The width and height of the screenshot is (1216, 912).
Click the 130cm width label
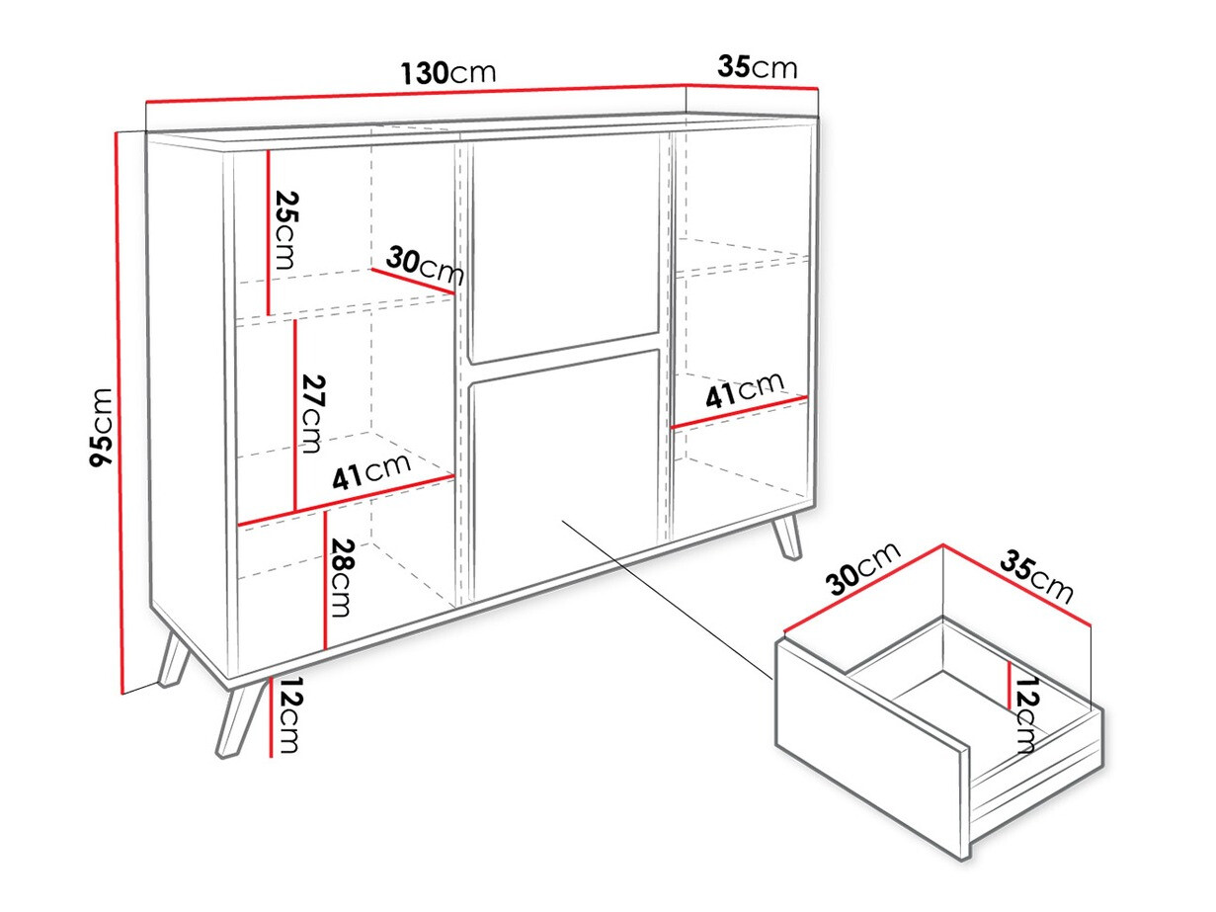447,72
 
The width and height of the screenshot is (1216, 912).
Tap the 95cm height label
102,427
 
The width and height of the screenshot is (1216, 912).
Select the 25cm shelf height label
286,230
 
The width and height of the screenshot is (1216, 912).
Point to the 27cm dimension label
312,414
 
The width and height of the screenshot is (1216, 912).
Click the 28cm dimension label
340,577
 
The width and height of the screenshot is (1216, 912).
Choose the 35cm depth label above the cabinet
758,67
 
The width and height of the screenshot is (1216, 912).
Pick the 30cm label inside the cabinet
425,266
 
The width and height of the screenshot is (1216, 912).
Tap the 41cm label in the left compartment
371,471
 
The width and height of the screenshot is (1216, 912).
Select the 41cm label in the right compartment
745,388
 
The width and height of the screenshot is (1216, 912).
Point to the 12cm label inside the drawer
1025,714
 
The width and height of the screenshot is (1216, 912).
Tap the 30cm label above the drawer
862,569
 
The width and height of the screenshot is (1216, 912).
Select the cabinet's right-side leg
787,537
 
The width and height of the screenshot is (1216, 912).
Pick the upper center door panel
563,247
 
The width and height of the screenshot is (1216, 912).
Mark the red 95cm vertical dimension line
120,412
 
